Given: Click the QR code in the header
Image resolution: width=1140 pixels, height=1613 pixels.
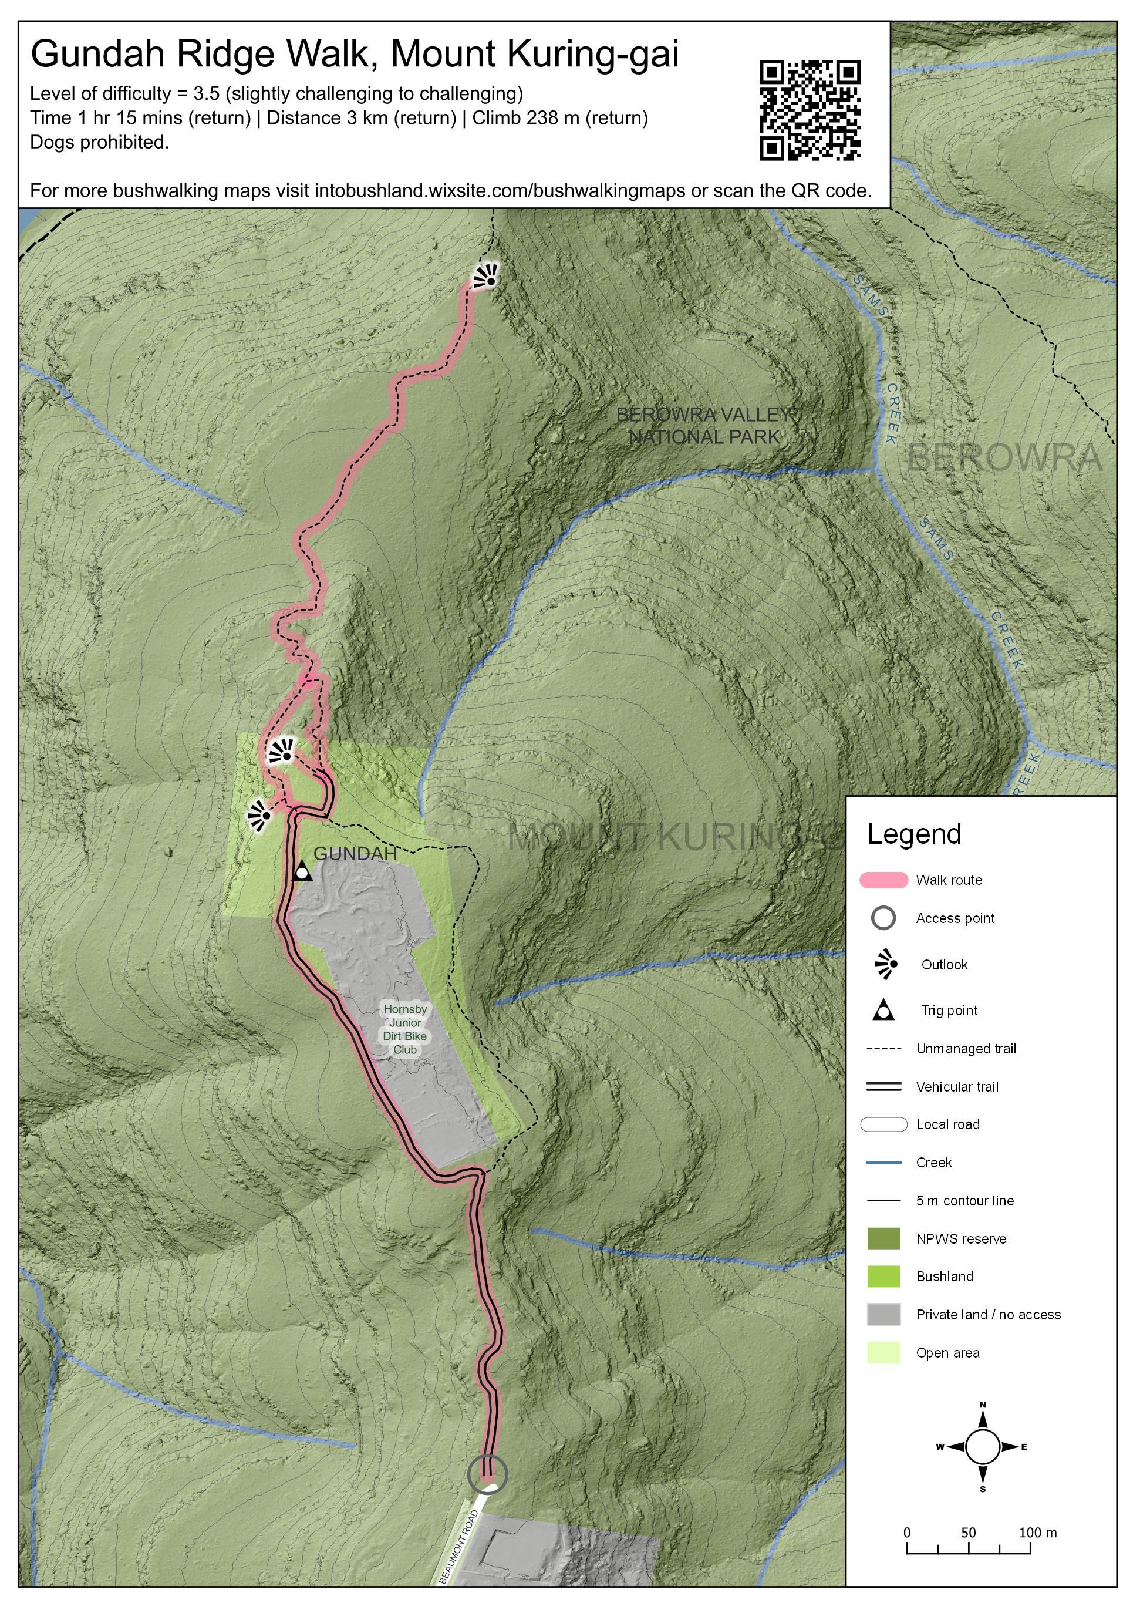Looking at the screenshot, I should coord(810,110).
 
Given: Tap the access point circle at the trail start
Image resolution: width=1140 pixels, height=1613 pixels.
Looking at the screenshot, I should coord(487,1474).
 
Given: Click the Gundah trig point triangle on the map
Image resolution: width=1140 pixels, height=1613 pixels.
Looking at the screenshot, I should coord(302,871).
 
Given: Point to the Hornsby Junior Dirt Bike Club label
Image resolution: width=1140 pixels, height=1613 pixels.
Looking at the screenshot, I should coord(404,1029).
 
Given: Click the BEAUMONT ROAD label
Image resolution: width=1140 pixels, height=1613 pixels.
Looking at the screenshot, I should coord(458,1546).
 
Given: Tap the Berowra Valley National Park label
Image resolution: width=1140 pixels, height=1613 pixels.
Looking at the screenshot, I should coord(705,426).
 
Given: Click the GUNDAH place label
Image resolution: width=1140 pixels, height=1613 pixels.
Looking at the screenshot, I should coord(355,854).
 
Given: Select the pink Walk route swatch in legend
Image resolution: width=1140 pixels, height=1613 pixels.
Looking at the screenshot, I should coord(883,880).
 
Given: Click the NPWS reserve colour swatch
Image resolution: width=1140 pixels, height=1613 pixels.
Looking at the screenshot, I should coord(883,1238).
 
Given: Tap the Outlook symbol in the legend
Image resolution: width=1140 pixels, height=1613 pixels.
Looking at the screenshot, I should coord(886,965).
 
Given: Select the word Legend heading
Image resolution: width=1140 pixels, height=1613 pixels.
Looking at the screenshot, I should coord(914,834).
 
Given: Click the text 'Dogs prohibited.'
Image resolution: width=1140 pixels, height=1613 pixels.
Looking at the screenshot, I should coord(99,143).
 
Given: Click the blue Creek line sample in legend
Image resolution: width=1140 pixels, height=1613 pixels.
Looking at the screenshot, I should coord(883,1163).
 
